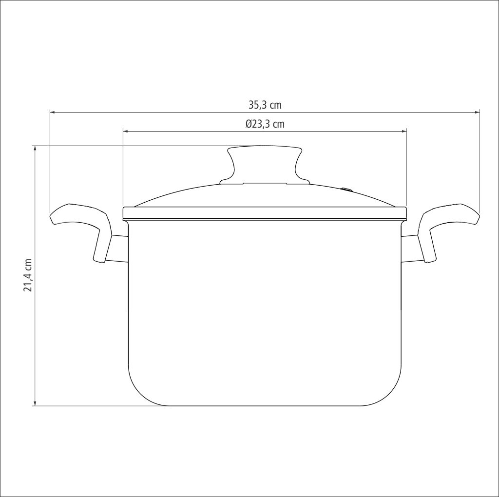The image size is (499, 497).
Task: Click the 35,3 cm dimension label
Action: coord(265,105)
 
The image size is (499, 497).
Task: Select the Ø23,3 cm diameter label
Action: coord(265,124)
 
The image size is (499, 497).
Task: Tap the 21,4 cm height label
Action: coord(28,275)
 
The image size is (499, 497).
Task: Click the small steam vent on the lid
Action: coord(346,189)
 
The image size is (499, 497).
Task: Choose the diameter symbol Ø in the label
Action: coord(249,124)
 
